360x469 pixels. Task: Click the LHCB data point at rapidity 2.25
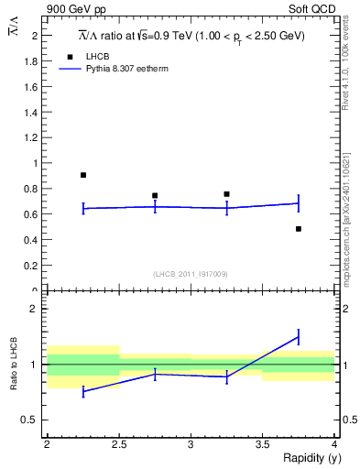point(83,175)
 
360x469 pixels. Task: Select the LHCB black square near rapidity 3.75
point(299,228)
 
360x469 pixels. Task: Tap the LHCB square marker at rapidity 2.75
point(155,195)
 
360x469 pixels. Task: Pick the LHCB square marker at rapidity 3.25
point(226,194)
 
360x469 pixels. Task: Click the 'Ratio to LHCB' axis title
point(14,364)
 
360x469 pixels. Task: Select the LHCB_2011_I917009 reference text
point(191,274)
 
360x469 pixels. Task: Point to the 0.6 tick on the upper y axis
point(35,214)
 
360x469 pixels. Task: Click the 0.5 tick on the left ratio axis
point(35,420)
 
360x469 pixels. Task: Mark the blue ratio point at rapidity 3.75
point(299,337)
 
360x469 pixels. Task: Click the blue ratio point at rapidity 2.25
point(83,391)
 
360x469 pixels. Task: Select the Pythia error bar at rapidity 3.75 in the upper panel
point(299,203)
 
